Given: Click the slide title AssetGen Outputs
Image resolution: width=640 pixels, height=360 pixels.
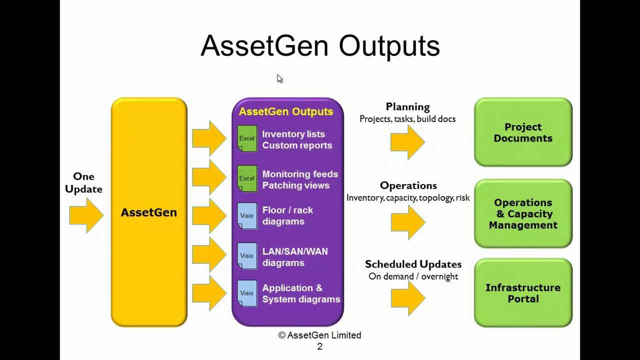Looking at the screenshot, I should click(x=320, y=46).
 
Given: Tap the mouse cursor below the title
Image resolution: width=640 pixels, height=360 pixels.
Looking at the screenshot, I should click(x=279, y=78).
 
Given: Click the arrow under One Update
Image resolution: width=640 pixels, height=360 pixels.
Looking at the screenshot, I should click(x=86, y=215).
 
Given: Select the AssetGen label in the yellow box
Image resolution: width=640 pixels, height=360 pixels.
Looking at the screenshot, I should click(x=148, y=212).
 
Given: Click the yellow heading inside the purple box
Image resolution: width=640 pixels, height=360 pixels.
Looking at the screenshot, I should click(x=285, y=111).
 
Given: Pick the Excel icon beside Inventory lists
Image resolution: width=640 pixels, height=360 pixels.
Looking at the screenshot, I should click(x=247, y=138).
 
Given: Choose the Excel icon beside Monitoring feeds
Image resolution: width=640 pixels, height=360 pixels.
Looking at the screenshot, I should click(x=247, y=178).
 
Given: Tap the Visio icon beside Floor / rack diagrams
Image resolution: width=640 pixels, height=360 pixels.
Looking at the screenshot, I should click(x=247, y=215).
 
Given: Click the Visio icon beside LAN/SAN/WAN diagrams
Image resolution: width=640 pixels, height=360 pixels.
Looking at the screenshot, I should click(x=247, y=256).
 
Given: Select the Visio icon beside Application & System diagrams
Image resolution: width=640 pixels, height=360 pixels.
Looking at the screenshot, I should click(x=247, y=293).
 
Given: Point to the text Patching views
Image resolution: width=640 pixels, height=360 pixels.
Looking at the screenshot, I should click(x=295, y=185).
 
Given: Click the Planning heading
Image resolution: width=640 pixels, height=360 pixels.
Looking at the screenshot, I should click(x=407, y=106).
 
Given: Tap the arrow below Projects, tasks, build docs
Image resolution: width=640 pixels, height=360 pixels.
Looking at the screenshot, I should click(x=407, y=142).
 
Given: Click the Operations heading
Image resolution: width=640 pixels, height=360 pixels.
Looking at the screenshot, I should click(x=408, y=185).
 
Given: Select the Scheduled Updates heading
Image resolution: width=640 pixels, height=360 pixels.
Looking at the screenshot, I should click(x=413, y=264).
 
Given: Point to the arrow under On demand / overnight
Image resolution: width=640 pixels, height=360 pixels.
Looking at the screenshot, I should click(x=407, y=298).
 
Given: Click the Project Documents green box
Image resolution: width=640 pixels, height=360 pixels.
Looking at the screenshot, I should click(x=523, y=132).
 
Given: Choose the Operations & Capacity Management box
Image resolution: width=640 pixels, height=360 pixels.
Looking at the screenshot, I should click(x=523, y=213).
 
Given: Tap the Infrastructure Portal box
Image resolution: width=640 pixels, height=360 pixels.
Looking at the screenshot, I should click(x=523, y=293).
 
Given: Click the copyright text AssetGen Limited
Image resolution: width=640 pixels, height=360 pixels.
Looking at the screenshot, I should click(x=320, y=335).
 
